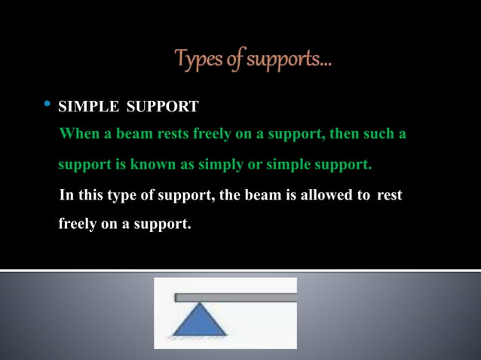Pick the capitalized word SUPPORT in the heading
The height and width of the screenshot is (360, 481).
[162, 107]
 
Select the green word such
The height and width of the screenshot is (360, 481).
[382, 134]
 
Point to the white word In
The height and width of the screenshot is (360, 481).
[66, 195]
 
